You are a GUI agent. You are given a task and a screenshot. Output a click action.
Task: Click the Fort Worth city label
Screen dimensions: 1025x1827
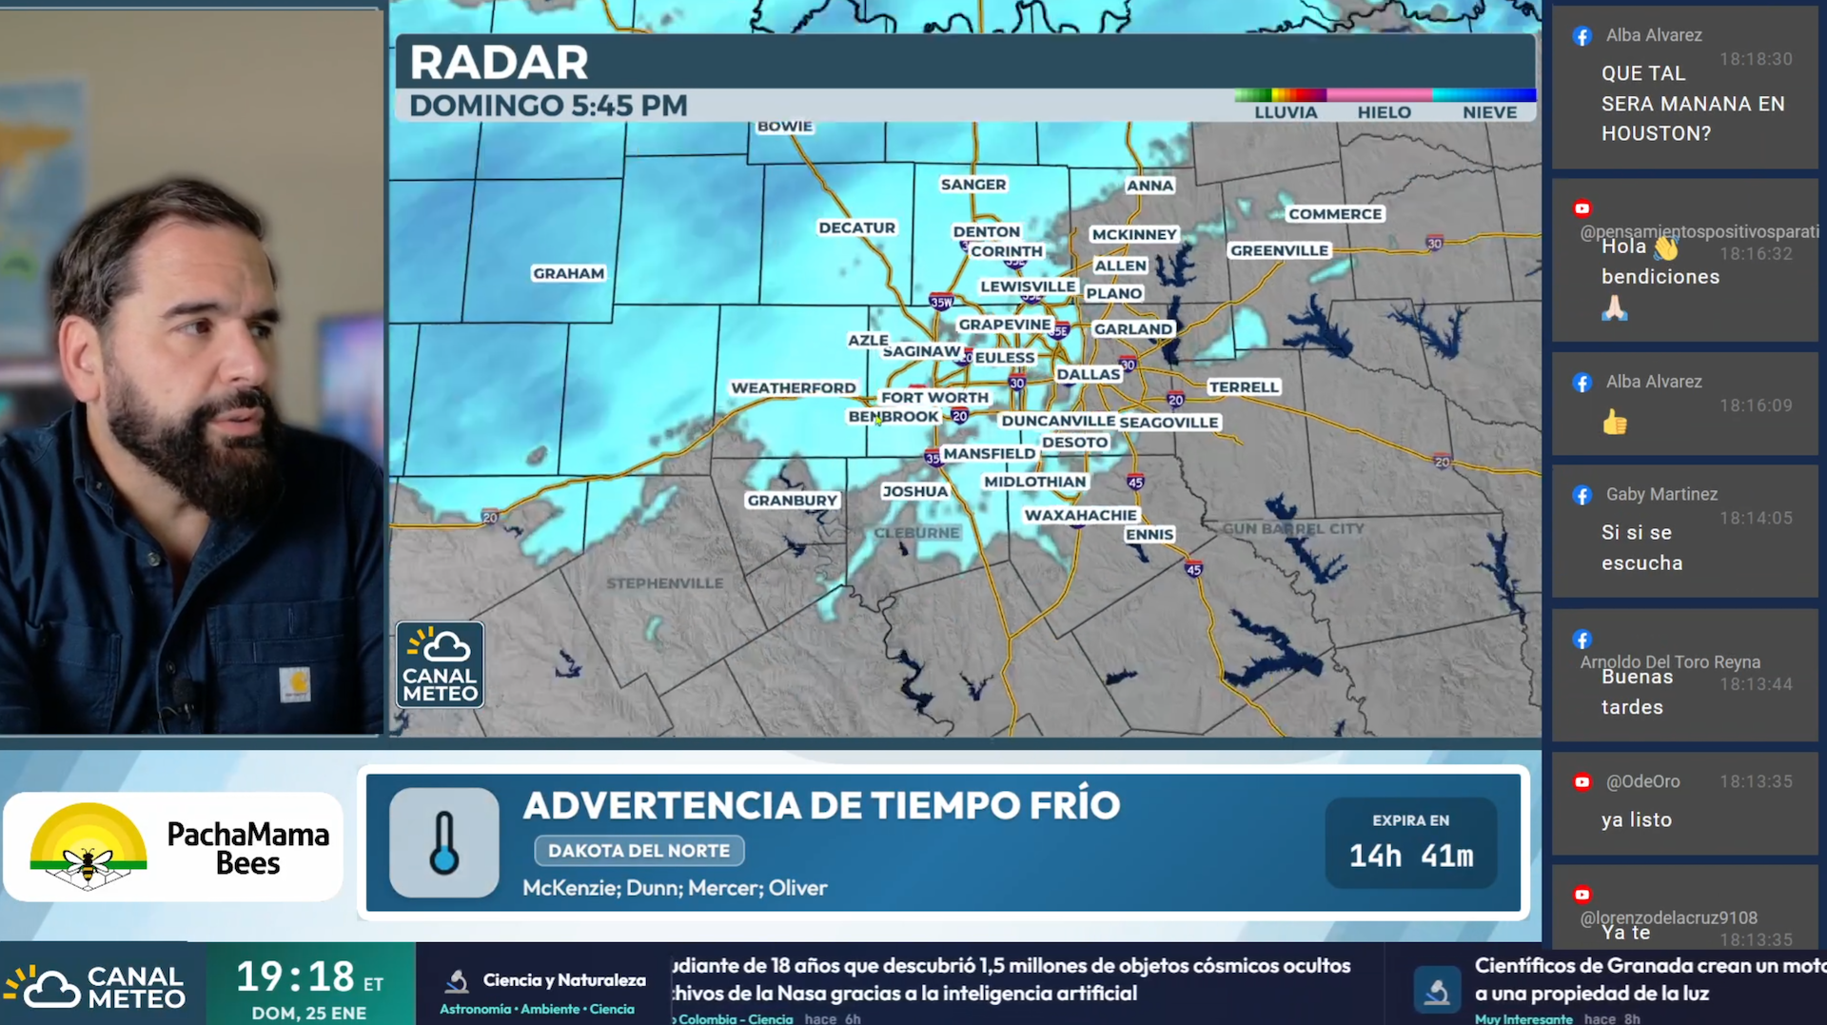(x=933, y=398)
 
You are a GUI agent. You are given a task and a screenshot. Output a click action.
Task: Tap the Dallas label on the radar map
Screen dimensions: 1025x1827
(x=1088, y=375)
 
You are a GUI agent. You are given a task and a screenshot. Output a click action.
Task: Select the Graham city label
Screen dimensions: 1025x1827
(x=568, y=274)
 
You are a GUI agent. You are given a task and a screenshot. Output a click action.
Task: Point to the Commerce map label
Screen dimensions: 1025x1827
(x=1334, y=215)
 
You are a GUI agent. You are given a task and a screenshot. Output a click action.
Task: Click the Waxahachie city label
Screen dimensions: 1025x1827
(x=1080, y=516)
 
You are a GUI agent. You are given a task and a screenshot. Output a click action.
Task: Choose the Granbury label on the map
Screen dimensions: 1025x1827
(x=792, y=501)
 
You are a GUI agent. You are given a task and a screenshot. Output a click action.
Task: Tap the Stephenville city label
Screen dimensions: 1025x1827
(x=664, y=583)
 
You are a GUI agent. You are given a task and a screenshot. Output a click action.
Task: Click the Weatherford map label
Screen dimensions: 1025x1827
(x=793, y=388)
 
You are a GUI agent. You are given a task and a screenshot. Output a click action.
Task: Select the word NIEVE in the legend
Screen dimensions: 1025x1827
(x=1489, y=112)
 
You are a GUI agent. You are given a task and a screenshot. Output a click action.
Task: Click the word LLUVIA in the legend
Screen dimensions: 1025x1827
(x=1285, y=112)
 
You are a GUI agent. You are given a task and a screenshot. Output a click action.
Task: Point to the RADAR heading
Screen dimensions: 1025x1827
(x=499, y=63)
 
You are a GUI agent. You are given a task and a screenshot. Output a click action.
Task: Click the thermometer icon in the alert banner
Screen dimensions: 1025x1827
(x=443, y=842)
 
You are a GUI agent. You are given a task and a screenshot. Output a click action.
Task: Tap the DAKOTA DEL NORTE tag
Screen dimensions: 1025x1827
(x=638, y=851)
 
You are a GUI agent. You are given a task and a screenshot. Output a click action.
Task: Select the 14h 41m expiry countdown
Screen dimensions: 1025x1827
(x=1410, y=857)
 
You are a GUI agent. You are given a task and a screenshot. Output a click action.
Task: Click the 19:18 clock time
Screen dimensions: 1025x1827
(x=295, y=976)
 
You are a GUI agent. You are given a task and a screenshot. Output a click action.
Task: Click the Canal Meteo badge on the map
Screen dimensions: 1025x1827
(x=440, y=664)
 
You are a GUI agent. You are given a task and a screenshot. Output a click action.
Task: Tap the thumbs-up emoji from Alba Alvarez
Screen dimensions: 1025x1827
(x=1615, y=422)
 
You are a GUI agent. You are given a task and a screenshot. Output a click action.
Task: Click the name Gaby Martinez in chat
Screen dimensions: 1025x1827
(x=1661, y=495)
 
